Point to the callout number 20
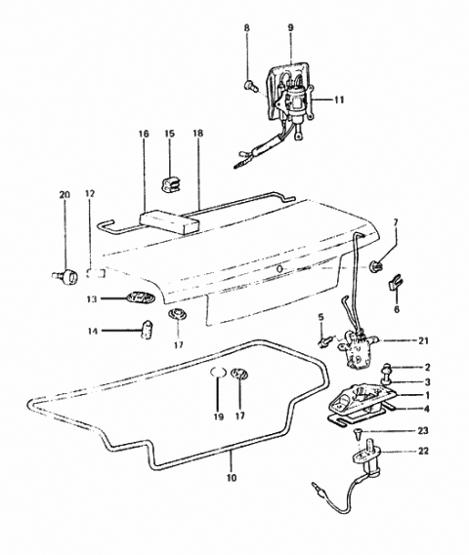tap(64, 195)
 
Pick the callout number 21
tap(396, 340)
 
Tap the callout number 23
tap(396, 430)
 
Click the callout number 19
tap(218, 416)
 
